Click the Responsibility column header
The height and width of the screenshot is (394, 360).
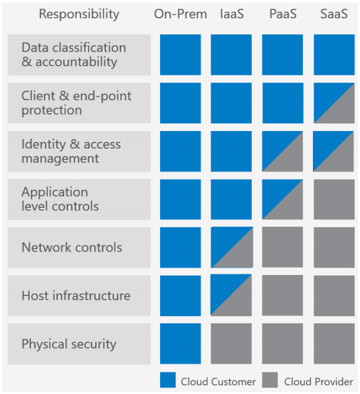(x=79, y=14)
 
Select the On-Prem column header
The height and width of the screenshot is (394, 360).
(x=180, y=14)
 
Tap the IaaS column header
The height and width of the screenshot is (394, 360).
(x=231, y=14)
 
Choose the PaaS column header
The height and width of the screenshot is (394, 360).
(x=282, y=14)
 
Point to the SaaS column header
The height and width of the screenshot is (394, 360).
(x=334, y=14)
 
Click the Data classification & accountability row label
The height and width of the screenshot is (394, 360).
(x=73, y=55)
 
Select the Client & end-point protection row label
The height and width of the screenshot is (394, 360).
(x=76, y=104)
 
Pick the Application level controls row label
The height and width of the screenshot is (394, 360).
(x=60, y=200)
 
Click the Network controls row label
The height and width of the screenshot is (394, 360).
(x=72, y=247)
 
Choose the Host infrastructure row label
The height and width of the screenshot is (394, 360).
(x=76, y=296)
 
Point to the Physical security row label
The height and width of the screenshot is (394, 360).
(x=69, y=344)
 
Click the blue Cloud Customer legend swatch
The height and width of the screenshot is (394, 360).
(x=168, y=381)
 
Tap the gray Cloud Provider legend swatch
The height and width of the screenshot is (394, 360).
(x=271, y=381)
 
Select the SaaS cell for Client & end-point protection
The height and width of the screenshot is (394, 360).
(x=334, y=104)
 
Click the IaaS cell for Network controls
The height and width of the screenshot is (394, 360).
(x=231, y=247)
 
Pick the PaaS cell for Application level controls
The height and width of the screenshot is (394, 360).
(x=282, y=200)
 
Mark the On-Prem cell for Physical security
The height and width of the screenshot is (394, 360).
(x=180, y=344)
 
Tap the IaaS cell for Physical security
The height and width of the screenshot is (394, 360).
(x=231, y=344)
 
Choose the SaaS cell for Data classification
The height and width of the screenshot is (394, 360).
(x=334, y=55)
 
